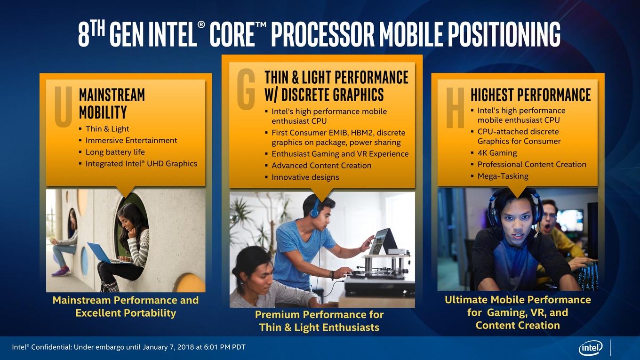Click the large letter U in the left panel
point(63,106)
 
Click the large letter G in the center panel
point(246,89)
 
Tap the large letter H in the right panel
point(455,108)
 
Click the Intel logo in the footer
point(591,348)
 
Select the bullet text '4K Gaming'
point(497,153)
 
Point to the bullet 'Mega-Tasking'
point(503,176)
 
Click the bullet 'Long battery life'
point(115,152)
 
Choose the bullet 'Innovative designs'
point(305,177)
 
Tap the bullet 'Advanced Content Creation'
point(321,166)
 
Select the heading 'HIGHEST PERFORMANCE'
point(530,95)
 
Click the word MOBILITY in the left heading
point(103,112)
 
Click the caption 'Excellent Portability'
point(126,313)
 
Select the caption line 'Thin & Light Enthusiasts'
point(319,328)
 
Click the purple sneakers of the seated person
point(61,271)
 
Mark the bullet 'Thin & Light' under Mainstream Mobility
point(107,129)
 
